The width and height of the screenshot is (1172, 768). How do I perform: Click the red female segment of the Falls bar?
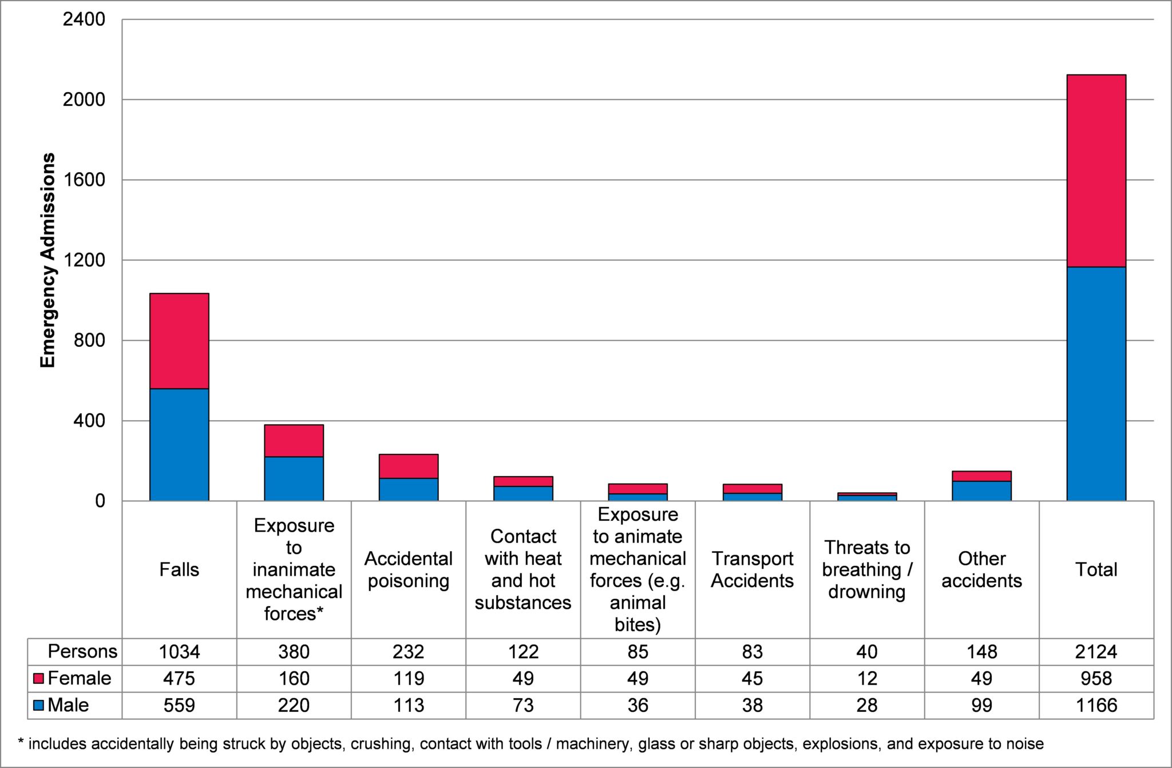[179, 341]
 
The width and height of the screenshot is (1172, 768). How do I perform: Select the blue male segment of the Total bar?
[1096, 383]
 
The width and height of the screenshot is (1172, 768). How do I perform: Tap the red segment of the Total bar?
[1096, 171]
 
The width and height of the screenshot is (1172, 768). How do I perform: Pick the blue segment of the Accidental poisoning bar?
[408, 489]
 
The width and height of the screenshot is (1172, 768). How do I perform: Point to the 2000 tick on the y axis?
[84, 100]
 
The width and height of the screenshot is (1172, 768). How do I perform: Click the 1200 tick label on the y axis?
[84, 260]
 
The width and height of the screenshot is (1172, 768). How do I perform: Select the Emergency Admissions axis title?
[48, 260]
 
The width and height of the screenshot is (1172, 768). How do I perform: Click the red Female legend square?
[39, 679]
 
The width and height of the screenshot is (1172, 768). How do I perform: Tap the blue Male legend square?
[39, 705]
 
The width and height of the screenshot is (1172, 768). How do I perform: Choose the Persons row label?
[82, 651]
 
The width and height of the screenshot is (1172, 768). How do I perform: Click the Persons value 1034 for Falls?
[179, 651]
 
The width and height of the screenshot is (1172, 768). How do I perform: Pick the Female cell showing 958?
[1096, 678]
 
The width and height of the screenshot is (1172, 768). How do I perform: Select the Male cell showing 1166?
[1096, 705]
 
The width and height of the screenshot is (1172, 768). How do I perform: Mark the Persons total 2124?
[1096, 651]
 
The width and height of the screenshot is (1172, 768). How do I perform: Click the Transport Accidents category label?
[752, 569]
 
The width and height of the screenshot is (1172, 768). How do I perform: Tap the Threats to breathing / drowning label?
[866, 569]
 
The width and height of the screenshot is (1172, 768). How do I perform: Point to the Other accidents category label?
[981, 569]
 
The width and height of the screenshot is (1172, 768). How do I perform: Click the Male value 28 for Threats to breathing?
[866, 705]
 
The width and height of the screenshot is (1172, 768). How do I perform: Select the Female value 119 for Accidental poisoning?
[408, 678]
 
